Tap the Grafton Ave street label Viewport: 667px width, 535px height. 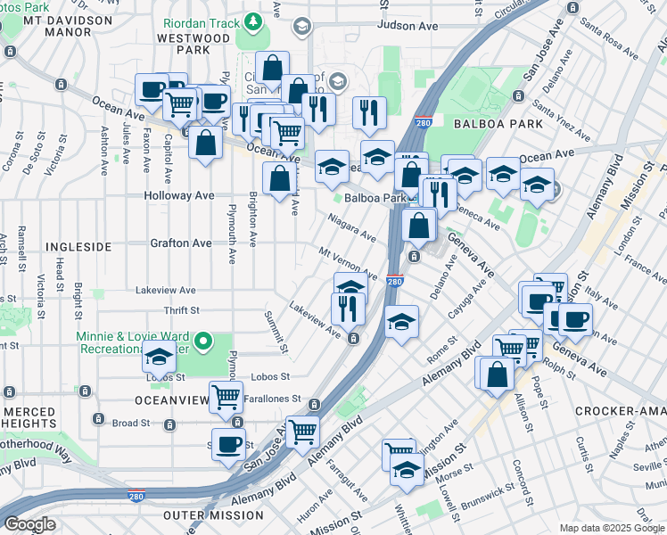[180, 243]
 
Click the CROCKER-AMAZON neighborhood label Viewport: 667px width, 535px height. [620, 411]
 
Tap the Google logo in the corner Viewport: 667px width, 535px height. [30, 524]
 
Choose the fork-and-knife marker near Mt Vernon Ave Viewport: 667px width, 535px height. [348, 307]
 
